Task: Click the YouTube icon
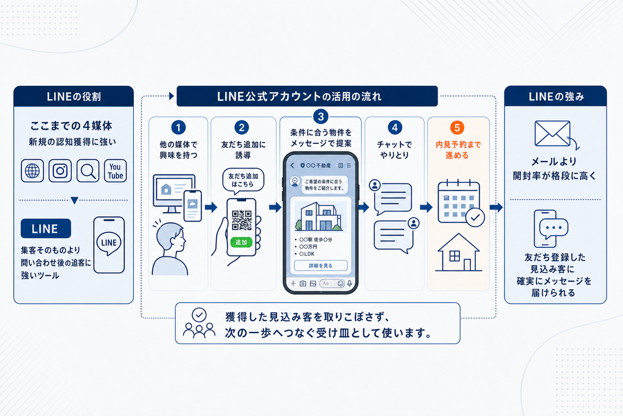115,171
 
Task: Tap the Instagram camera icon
60,171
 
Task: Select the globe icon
32,171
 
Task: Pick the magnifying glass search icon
88,171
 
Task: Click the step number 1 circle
178,127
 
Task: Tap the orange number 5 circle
458,128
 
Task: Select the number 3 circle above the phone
321,116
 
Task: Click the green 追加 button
241,242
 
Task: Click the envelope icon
552,133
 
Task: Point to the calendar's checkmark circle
475,217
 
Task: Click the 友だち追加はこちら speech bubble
243,181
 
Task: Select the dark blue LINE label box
46,228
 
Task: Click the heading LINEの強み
556,97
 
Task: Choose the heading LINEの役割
74,97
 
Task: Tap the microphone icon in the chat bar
350,284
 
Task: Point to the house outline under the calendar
459,253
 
